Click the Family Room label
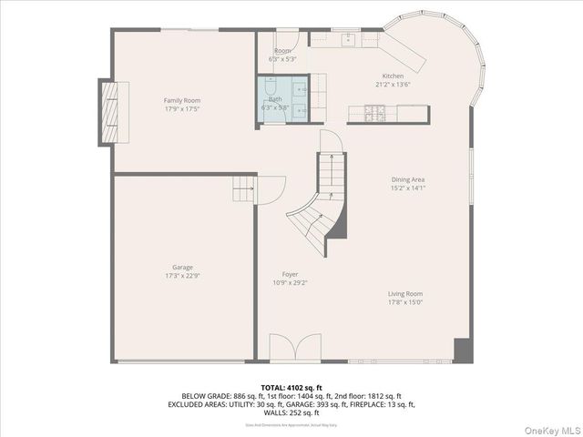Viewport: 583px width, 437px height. pyautogui.click(x=182, y=100)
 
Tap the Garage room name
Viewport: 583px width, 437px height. pyautogui.click(x=182, y=268)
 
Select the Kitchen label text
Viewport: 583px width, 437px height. pyautogui.click(x=393, y=76)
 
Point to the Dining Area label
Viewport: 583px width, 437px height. pyautogui.click(x=407, y=179)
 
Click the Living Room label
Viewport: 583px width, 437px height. pyautogui.click(x=405, y=294)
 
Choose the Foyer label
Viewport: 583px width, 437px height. pyautogui.click(x=290, y=274)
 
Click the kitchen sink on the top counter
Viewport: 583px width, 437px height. pyautogui.click(x=349, y=38)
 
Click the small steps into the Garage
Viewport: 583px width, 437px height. pyautogui.click(x=243, y=189)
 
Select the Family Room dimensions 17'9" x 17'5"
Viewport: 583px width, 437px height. pyautogui.click(x=182, y=108)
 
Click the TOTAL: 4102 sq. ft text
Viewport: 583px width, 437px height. pyautogui.click(x=291, y=388)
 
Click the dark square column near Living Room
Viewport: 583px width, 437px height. pyautogui.click(x=463, y=351)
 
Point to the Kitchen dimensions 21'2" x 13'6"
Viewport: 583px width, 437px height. pyautogui.click(x=393, y=84)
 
